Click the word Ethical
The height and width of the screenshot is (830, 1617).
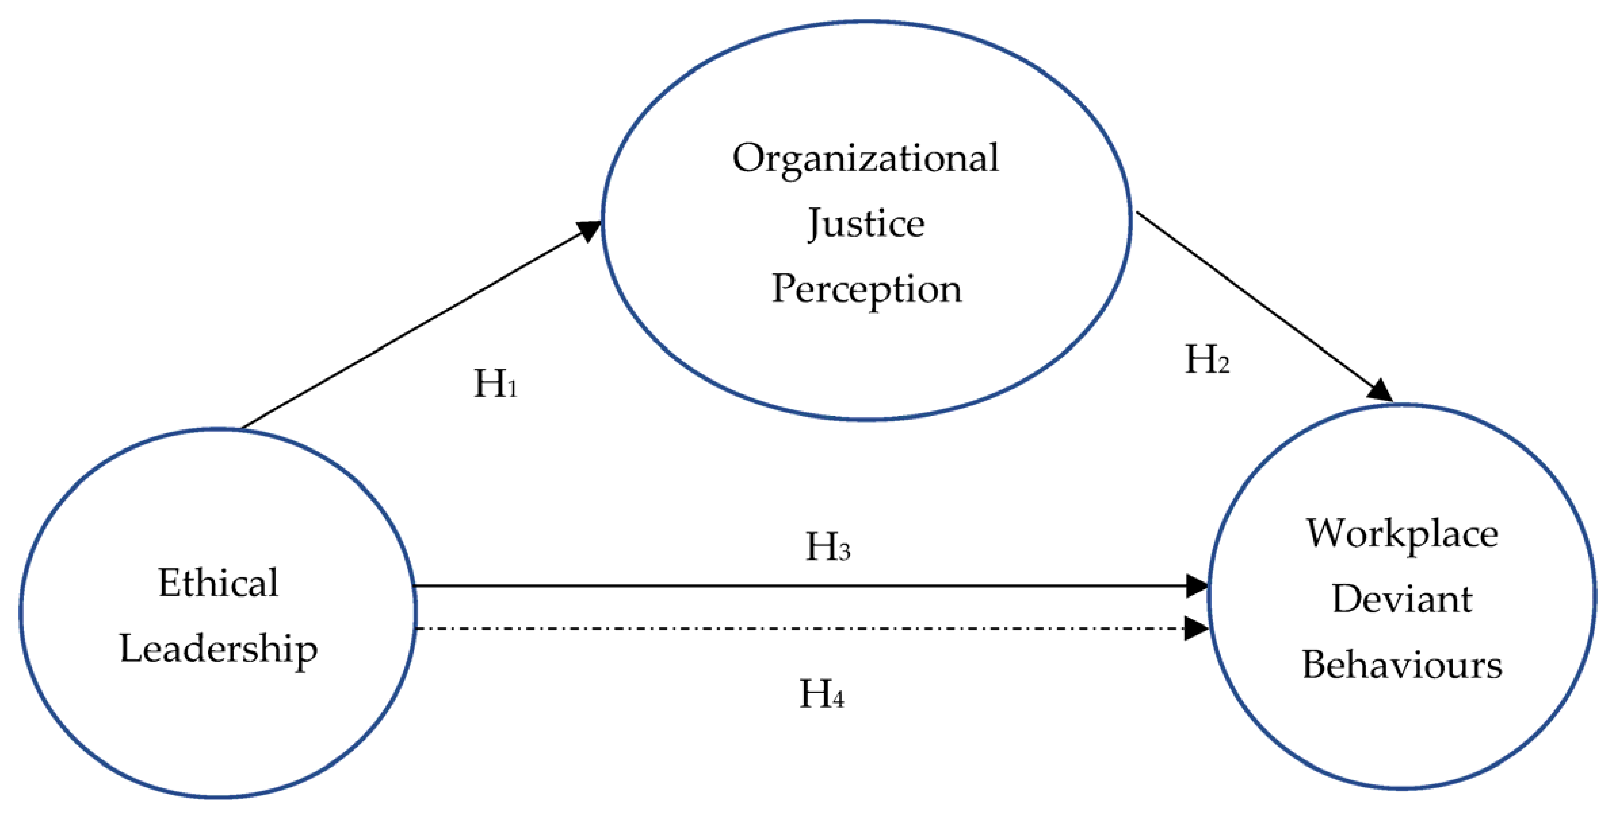[218, 583]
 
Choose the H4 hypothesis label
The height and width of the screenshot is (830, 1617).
[821, 694]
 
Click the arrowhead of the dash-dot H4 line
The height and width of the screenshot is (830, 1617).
[1195, 629]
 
